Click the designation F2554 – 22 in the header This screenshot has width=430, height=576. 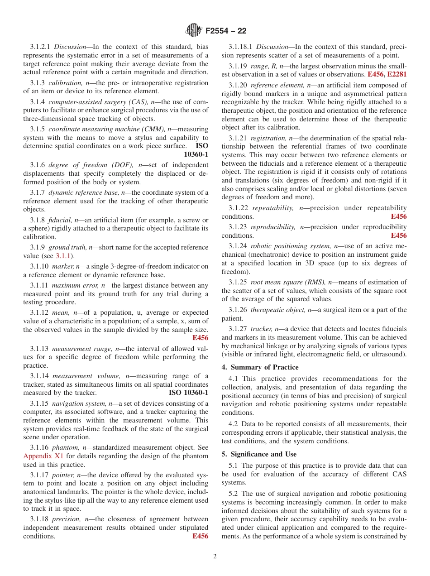tap(226, 31)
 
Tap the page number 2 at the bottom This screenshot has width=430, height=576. tap(215, 557)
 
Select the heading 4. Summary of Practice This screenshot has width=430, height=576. tap(260, 367)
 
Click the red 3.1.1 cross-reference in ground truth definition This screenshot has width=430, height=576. tap(63, 256)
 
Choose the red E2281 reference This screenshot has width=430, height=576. tap(397, 74)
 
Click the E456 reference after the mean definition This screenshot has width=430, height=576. tap(200, 338)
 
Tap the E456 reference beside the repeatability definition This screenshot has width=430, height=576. tap(399, 216)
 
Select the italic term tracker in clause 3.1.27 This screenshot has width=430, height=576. tap(261, 329)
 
